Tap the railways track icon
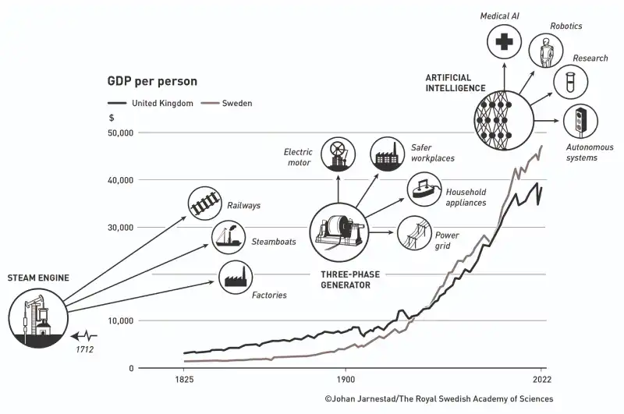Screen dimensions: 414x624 [204, 203]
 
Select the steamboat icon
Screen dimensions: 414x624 [229, 237]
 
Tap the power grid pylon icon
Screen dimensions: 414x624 [415, 232]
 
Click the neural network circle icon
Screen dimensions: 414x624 [503, 121]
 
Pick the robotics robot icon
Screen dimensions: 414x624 [545, 51]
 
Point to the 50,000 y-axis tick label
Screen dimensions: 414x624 [118, 133]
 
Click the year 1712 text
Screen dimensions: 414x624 [85, 349]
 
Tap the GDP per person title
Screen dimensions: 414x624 [152, 81]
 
